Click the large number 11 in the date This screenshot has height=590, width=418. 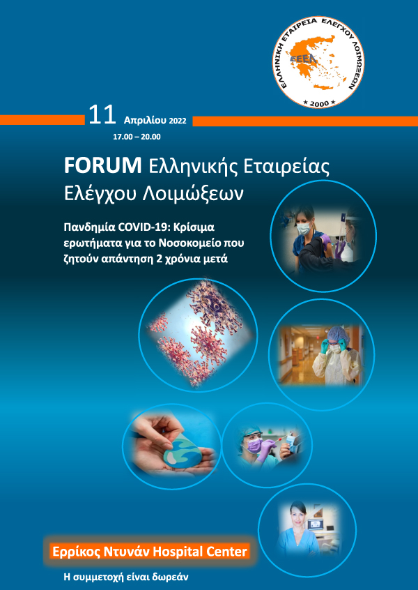click(x=102, y=116)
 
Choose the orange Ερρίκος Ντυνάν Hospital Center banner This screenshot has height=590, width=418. click(x=150, y=552)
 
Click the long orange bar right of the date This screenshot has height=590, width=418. click(x=304, y=121)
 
